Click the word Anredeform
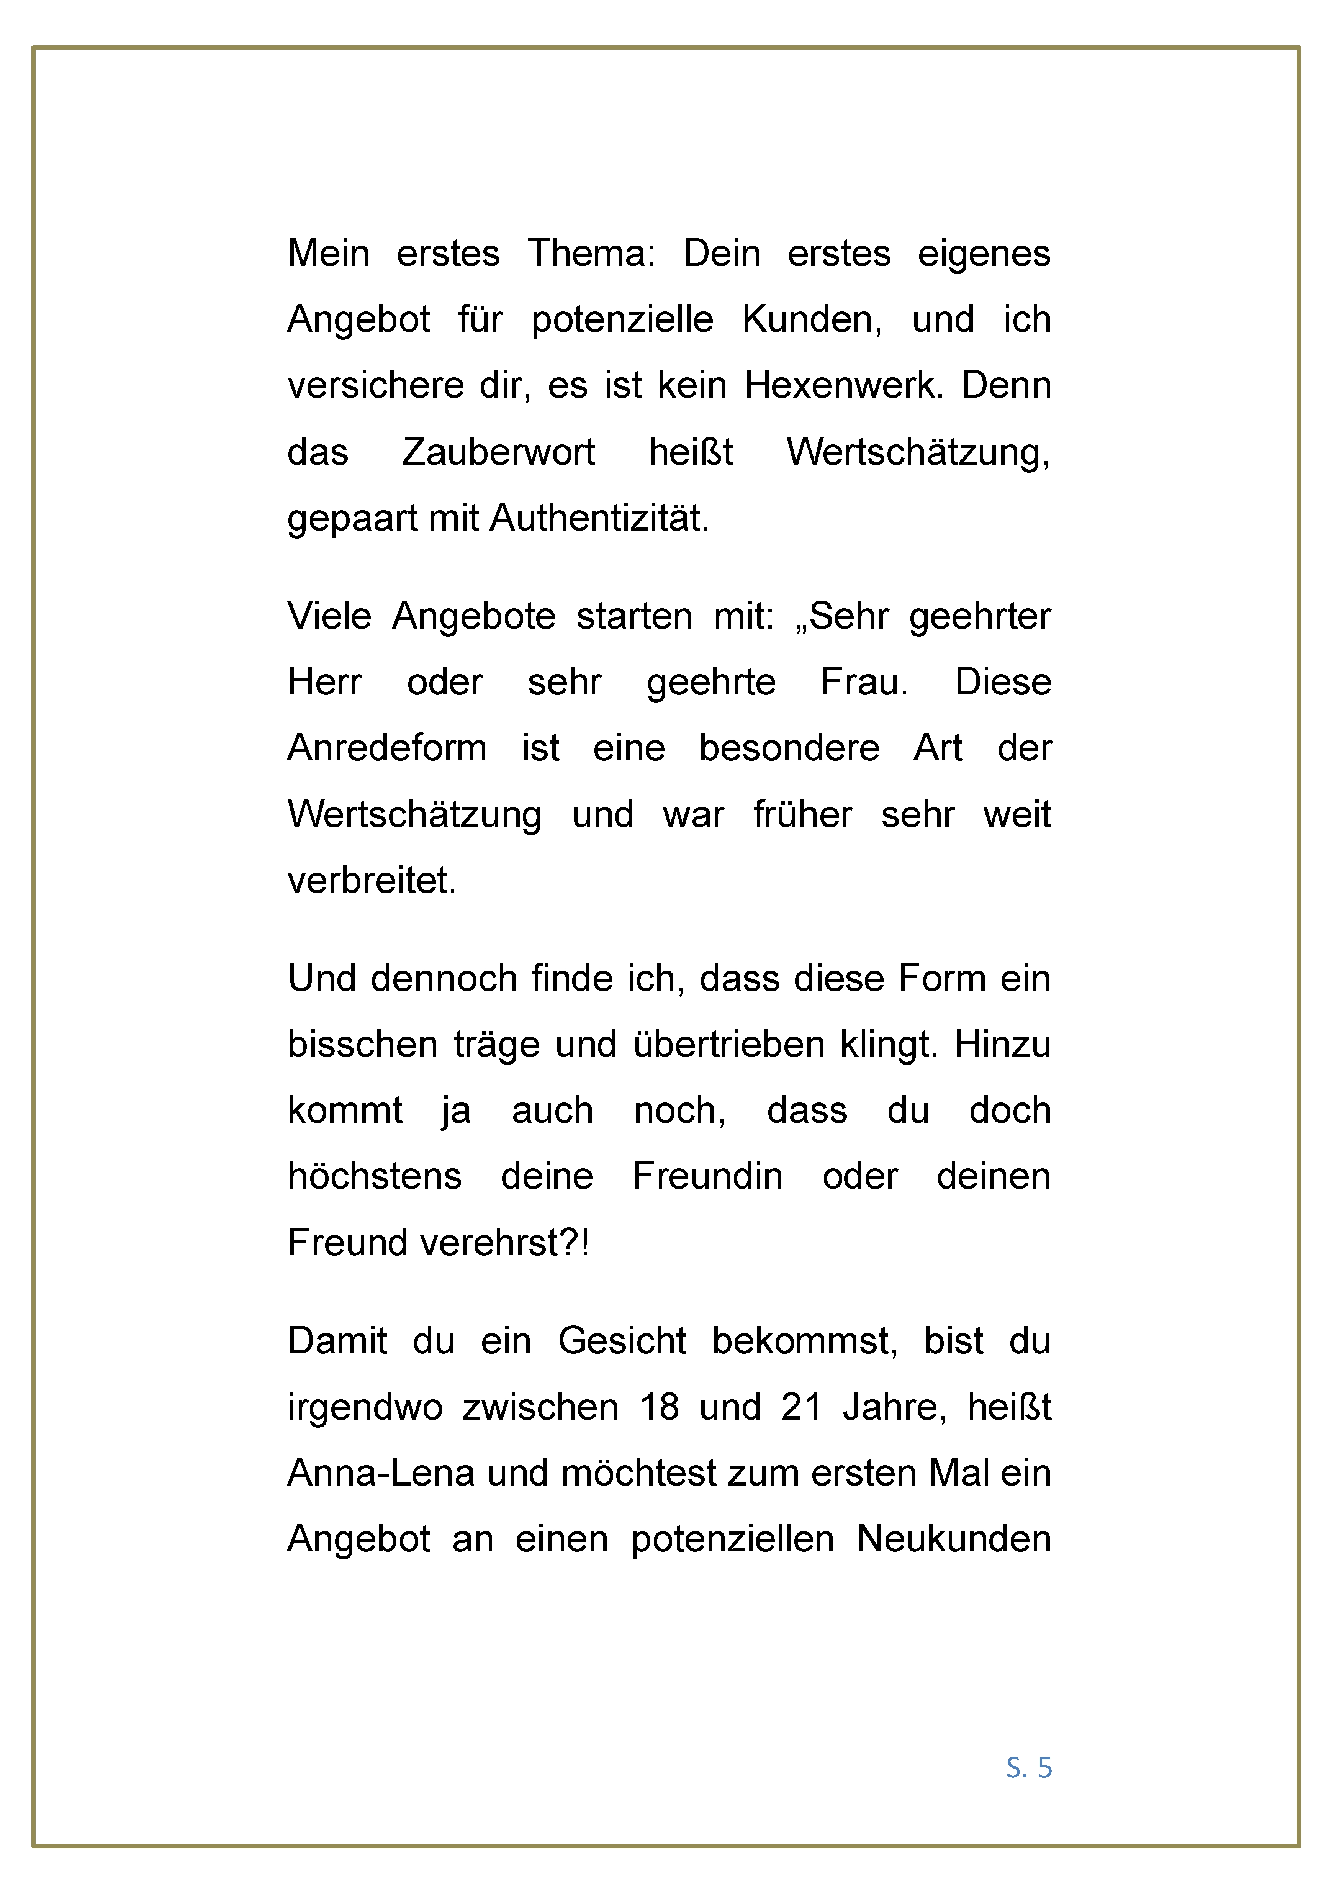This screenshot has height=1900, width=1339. coord(386,748)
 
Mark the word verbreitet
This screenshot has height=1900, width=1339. coord(372,881)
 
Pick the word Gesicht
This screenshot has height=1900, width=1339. coord(622,1341)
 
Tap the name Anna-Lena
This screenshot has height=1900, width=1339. coord(381,1473)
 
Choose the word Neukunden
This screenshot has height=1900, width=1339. coord(953,1539)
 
